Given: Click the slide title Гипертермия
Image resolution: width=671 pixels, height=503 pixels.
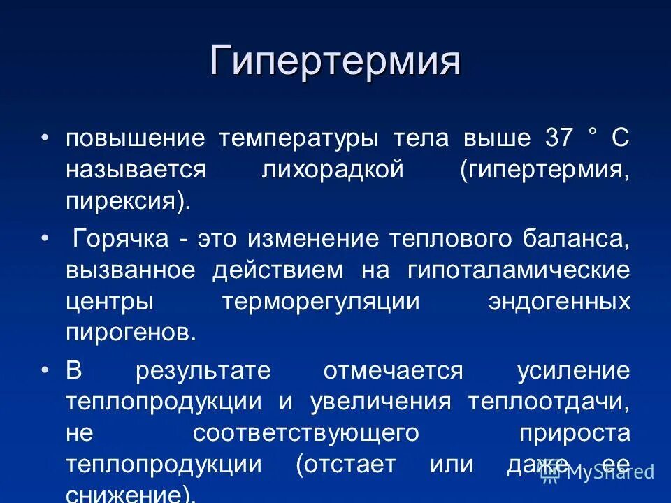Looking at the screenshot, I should [335, 61].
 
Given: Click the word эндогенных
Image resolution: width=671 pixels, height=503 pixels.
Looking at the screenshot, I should [559, 302].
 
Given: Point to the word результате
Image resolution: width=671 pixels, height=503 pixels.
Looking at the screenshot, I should [203, 370].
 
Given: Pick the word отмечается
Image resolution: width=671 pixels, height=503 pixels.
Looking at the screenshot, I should [393, 370].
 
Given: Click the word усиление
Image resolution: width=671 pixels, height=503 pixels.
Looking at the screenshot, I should [573, 370].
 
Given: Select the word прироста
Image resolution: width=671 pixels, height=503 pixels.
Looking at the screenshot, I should [575, 433].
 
